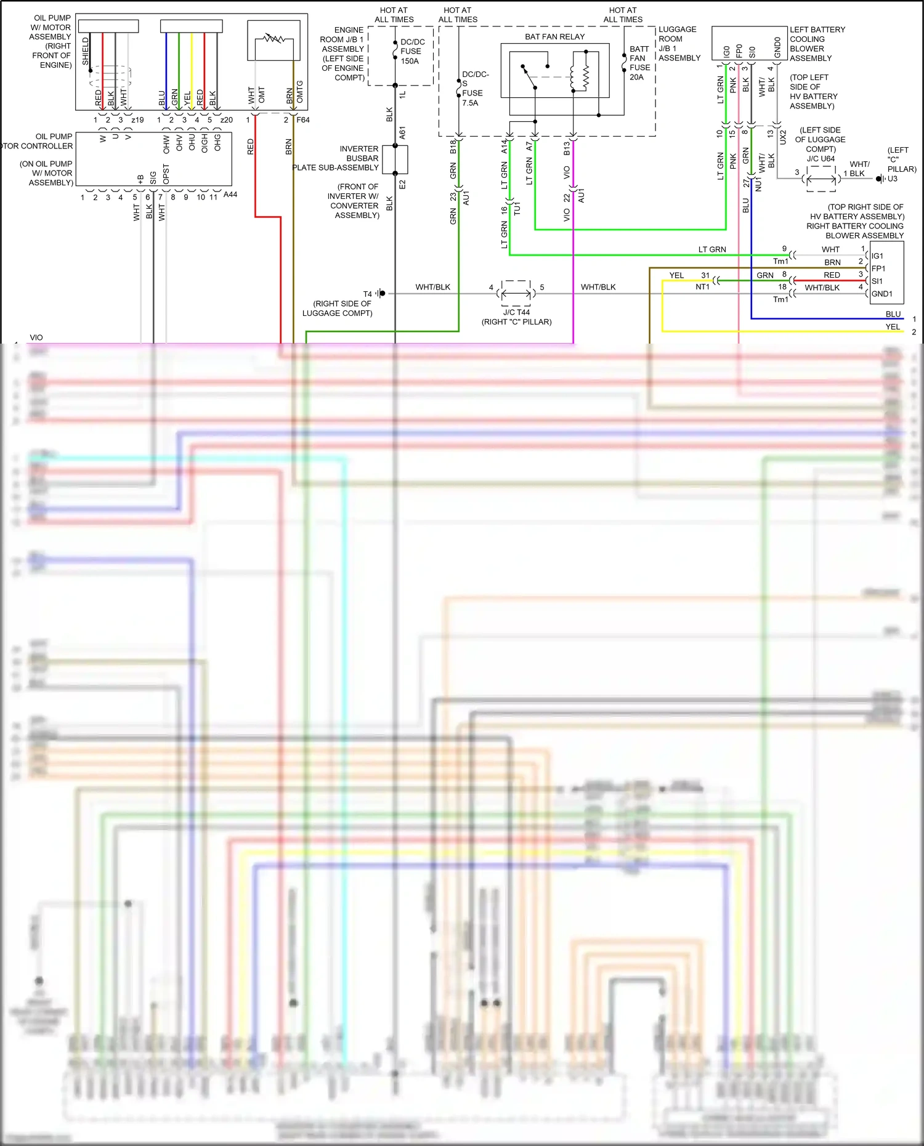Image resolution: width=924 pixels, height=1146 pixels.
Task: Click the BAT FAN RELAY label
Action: coord(554,37)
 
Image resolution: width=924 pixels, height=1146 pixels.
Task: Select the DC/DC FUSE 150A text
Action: coord(412,52)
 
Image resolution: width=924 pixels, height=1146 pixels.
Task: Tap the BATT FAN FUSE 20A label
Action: coord(639,63)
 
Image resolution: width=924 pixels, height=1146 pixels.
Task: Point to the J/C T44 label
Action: coord(516,312)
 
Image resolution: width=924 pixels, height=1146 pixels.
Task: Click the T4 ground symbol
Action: coord(381,294)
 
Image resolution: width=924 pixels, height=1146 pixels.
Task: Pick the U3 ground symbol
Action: coord(880,179)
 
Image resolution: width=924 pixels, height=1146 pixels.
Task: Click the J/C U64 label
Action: coord(821,159)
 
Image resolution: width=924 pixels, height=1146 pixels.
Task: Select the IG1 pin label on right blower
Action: coord(877,256)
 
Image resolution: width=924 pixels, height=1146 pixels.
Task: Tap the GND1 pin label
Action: coord(881,294)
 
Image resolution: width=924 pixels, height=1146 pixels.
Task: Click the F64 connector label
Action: coord(303,120)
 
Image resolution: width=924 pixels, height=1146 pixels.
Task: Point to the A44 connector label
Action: coord(230,195)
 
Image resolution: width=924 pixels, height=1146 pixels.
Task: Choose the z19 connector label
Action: coord(137,120)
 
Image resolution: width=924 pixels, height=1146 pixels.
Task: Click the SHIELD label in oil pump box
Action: coord(86,51)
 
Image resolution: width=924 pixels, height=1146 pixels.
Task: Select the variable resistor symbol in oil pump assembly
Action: coord(274,39)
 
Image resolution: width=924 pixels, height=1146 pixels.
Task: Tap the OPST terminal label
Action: coord(166,174)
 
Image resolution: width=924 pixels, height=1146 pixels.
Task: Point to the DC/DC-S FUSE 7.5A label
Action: coord(474,89)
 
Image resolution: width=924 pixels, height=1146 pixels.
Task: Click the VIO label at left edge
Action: coord(36,337)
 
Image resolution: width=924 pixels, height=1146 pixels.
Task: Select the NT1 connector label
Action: coord(702,287)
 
